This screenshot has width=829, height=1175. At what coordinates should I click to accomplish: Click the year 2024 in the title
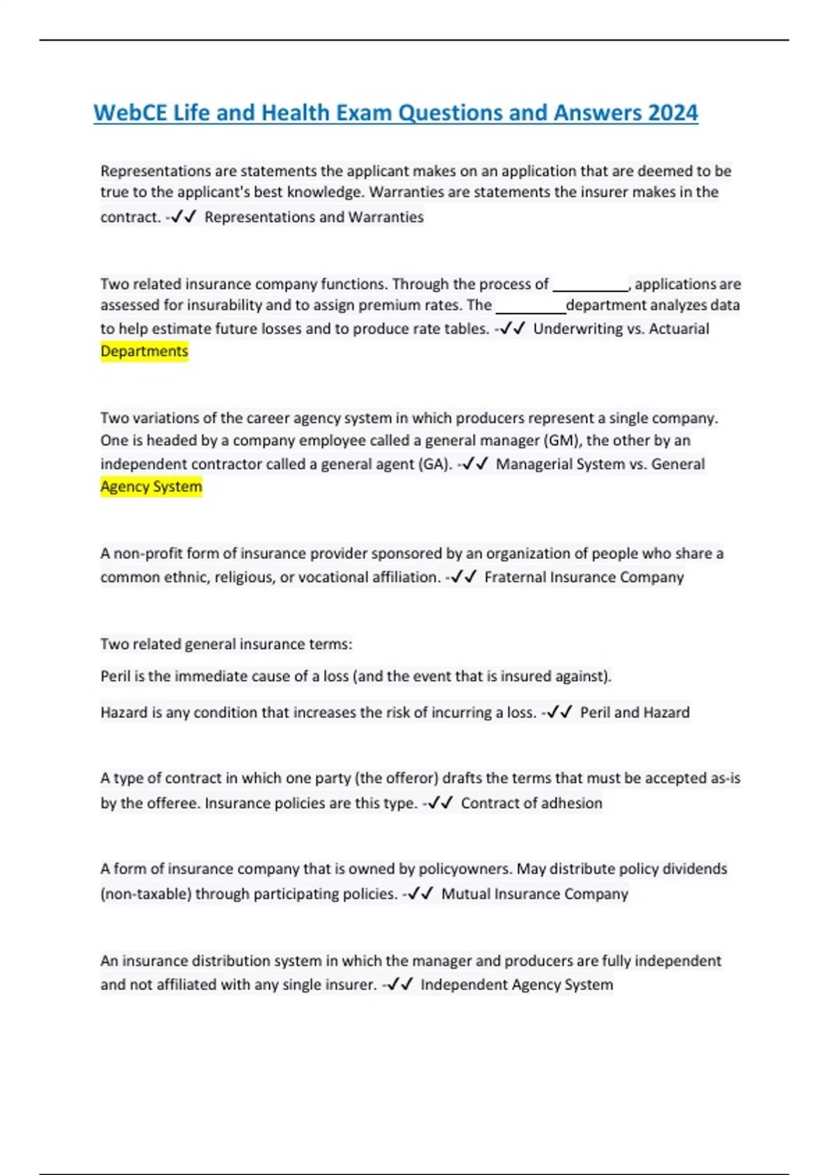(x=672, y=113)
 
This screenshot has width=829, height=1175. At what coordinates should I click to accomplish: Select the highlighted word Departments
(x=144, y=351)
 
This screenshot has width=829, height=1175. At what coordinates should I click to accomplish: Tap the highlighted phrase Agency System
(x=151, y=487)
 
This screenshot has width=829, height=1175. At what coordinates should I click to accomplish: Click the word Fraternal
(x=515, y=577)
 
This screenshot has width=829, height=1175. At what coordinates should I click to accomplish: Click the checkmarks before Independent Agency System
(x=400, y=984)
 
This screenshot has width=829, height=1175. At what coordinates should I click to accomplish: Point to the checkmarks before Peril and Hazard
(x=559, y=713)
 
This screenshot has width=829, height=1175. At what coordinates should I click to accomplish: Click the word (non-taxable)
(x=146, y=894)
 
